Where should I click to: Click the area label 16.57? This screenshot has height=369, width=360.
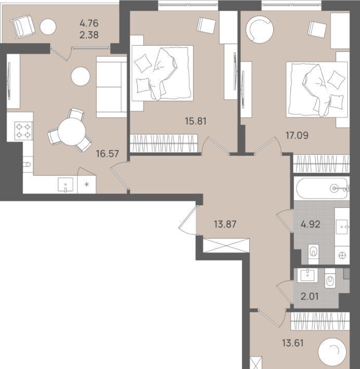(108, 154)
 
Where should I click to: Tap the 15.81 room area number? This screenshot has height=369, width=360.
(196, 121)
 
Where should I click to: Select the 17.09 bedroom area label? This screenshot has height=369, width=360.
(297, 136)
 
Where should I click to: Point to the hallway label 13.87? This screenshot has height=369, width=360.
(225, 224)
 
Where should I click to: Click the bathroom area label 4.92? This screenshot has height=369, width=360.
(311, 225)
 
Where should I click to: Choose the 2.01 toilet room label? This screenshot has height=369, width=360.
(310, 297)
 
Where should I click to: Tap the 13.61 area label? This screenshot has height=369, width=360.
(293, 343)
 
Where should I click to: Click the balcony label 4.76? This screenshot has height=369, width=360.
(89, 23)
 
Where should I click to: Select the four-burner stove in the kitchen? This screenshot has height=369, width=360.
(23, 131)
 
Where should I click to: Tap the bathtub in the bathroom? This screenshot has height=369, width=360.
(322, 189)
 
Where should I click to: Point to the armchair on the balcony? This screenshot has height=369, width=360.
(23, 27)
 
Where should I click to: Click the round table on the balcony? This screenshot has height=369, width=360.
(48, 27)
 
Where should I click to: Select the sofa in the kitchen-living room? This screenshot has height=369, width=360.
(112, 87)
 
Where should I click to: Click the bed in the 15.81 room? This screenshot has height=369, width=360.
(162, 73)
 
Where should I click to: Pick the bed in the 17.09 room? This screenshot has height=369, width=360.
(317, 89)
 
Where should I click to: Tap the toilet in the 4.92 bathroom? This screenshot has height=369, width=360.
(313, 254)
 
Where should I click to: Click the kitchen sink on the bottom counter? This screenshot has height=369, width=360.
(65, 184)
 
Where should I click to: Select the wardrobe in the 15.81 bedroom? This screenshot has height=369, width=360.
(164, 143)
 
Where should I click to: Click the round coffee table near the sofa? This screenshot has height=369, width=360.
(81, 76)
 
